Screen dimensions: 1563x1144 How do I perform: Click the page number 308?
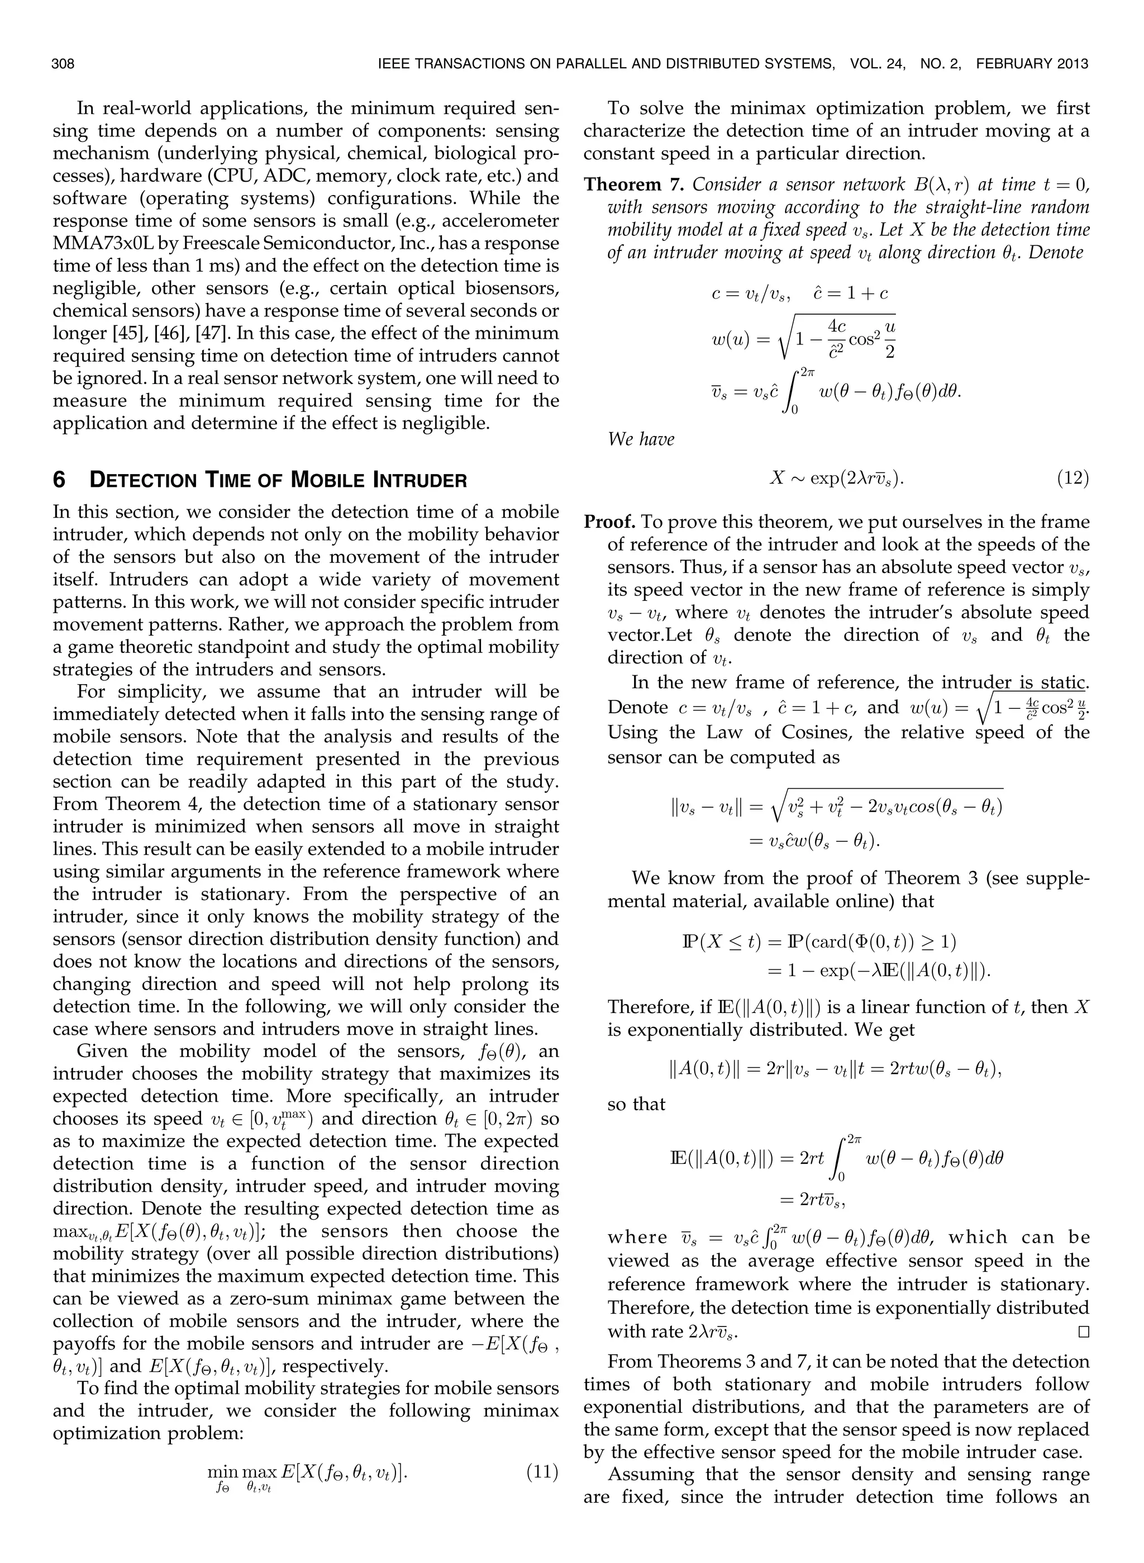[63, 64]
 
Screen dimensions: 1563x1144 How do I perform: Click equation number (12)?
[1072, 478]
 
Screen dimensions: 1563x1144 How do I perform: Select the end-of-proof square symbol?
[1083, 1332]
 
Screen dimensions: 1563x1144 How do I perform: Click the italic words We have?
[641, 439]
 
